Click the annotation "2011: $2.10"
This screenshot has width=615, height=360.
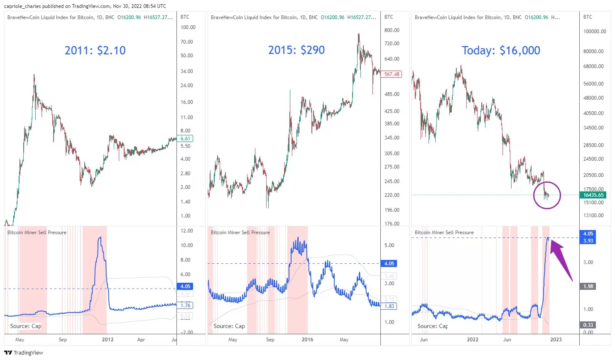95,51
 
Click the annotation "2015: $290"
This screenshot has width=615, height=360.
296,50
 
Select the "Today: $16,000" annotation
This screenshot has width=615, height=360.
501,51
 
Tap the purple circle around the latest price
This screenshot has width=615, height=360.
547,195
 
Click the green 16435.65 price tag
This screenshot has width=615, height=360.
593,195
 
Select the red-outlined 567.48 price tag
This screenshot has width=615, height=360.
391,74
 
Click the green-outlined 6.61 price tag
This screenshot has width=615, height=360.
186,139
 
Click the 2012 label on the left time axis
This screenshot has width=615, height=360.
108,340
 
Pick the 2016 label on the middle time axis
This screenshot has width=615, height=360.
307,340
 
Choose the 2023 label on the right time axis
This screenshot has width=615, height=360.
556,340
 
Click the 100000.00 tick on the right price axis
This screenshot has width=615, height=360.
595,32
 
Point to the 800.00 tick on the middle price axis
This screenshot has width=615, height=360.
392,30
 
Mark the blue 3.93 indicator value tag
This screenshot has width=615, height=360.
588,241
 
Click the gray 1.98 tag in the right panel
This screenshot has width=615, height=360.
588,287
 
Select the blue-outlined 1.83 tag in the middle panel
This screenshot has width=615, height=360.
389,306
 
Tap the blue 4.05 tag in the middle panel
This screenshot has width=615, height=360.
389,264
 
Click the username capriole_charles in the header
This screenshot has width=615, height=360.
22,6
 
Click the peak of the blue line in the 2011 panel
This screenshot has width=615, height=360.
100,238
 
